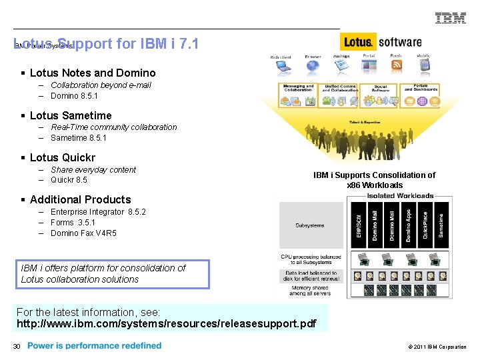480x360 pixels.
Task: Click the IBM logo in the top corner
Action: point(451,18)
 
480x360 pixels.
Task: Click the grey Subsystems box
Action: point(311,225)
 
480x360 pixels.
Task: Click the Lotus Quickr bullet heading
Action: point(63,158)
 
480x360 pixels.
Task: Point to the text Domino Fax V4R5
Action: point(83,233)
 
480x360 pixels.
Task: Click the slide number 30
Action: point(17,346)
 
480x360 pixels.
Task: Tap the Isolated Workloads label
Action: point(400,196)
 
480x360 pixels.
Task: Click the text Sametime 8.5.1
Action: point(79,138)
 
